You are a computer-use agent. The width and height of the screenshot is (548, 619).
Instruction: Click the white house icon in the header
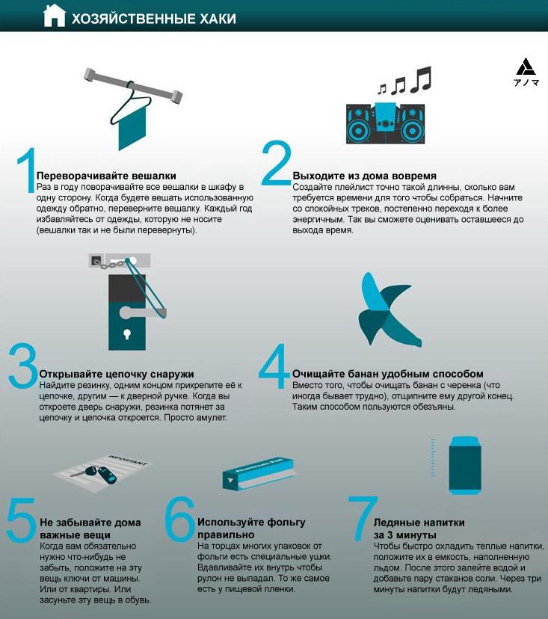click(54, 16)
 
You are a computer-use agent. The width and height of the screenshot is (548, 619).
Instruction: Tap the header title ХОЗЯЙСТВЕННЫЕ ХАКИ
click(154, 19)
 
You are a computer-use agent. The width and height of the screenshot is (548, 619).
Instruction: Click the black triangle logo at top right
click(526, 67)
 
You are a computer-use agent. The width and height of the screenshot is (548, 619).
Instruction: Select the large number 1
click(27, 170)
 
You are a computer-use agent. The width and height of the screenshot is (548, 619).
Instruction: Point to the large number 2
click(276, 163)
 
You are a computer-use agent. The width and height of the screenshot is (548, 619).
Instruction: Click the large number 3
click(22, 365)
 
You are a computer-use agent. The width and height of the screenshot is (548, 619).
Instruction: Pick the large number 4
click(274, 366)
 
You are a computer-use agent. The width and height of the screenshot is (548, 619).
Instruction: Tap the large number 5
click(21, 520)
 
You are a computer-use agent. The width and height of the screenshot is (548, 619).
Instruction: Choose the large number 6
click(180, 518)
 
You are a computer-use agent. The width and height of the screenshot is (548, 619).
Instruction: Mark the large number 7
click(362, 518)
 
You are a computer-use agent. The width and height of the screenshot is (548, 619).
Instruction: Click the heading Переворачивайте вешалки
click(106, 176)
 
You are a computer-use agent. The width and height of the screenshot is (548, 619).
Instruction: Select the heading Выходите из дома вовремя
click(364, 176)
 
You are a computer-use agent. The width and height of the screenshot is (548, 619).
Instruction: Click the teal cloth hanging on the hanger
click(132, 127)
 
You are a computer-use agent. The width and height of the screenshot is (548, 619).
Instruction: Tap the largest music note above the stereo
click(421, 79)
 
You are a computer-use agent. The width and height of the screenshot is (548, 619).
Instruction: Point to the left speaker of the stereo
click(360, 124)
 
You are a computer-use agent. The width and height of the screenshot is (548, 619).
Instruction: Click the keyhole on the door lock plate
click(127, 334)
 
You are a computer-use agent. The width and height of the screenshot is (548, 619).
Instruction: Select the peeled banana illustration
click(390, 309)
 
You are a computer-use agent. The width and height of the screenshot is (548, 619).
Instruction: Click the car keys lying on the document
click(96, 474)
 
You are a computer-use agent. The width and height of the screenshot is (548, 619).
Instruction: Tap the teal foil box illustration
click(258, 473)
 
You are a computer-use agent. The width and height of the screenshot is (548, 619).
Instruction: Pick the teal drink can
click(465, 465)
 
